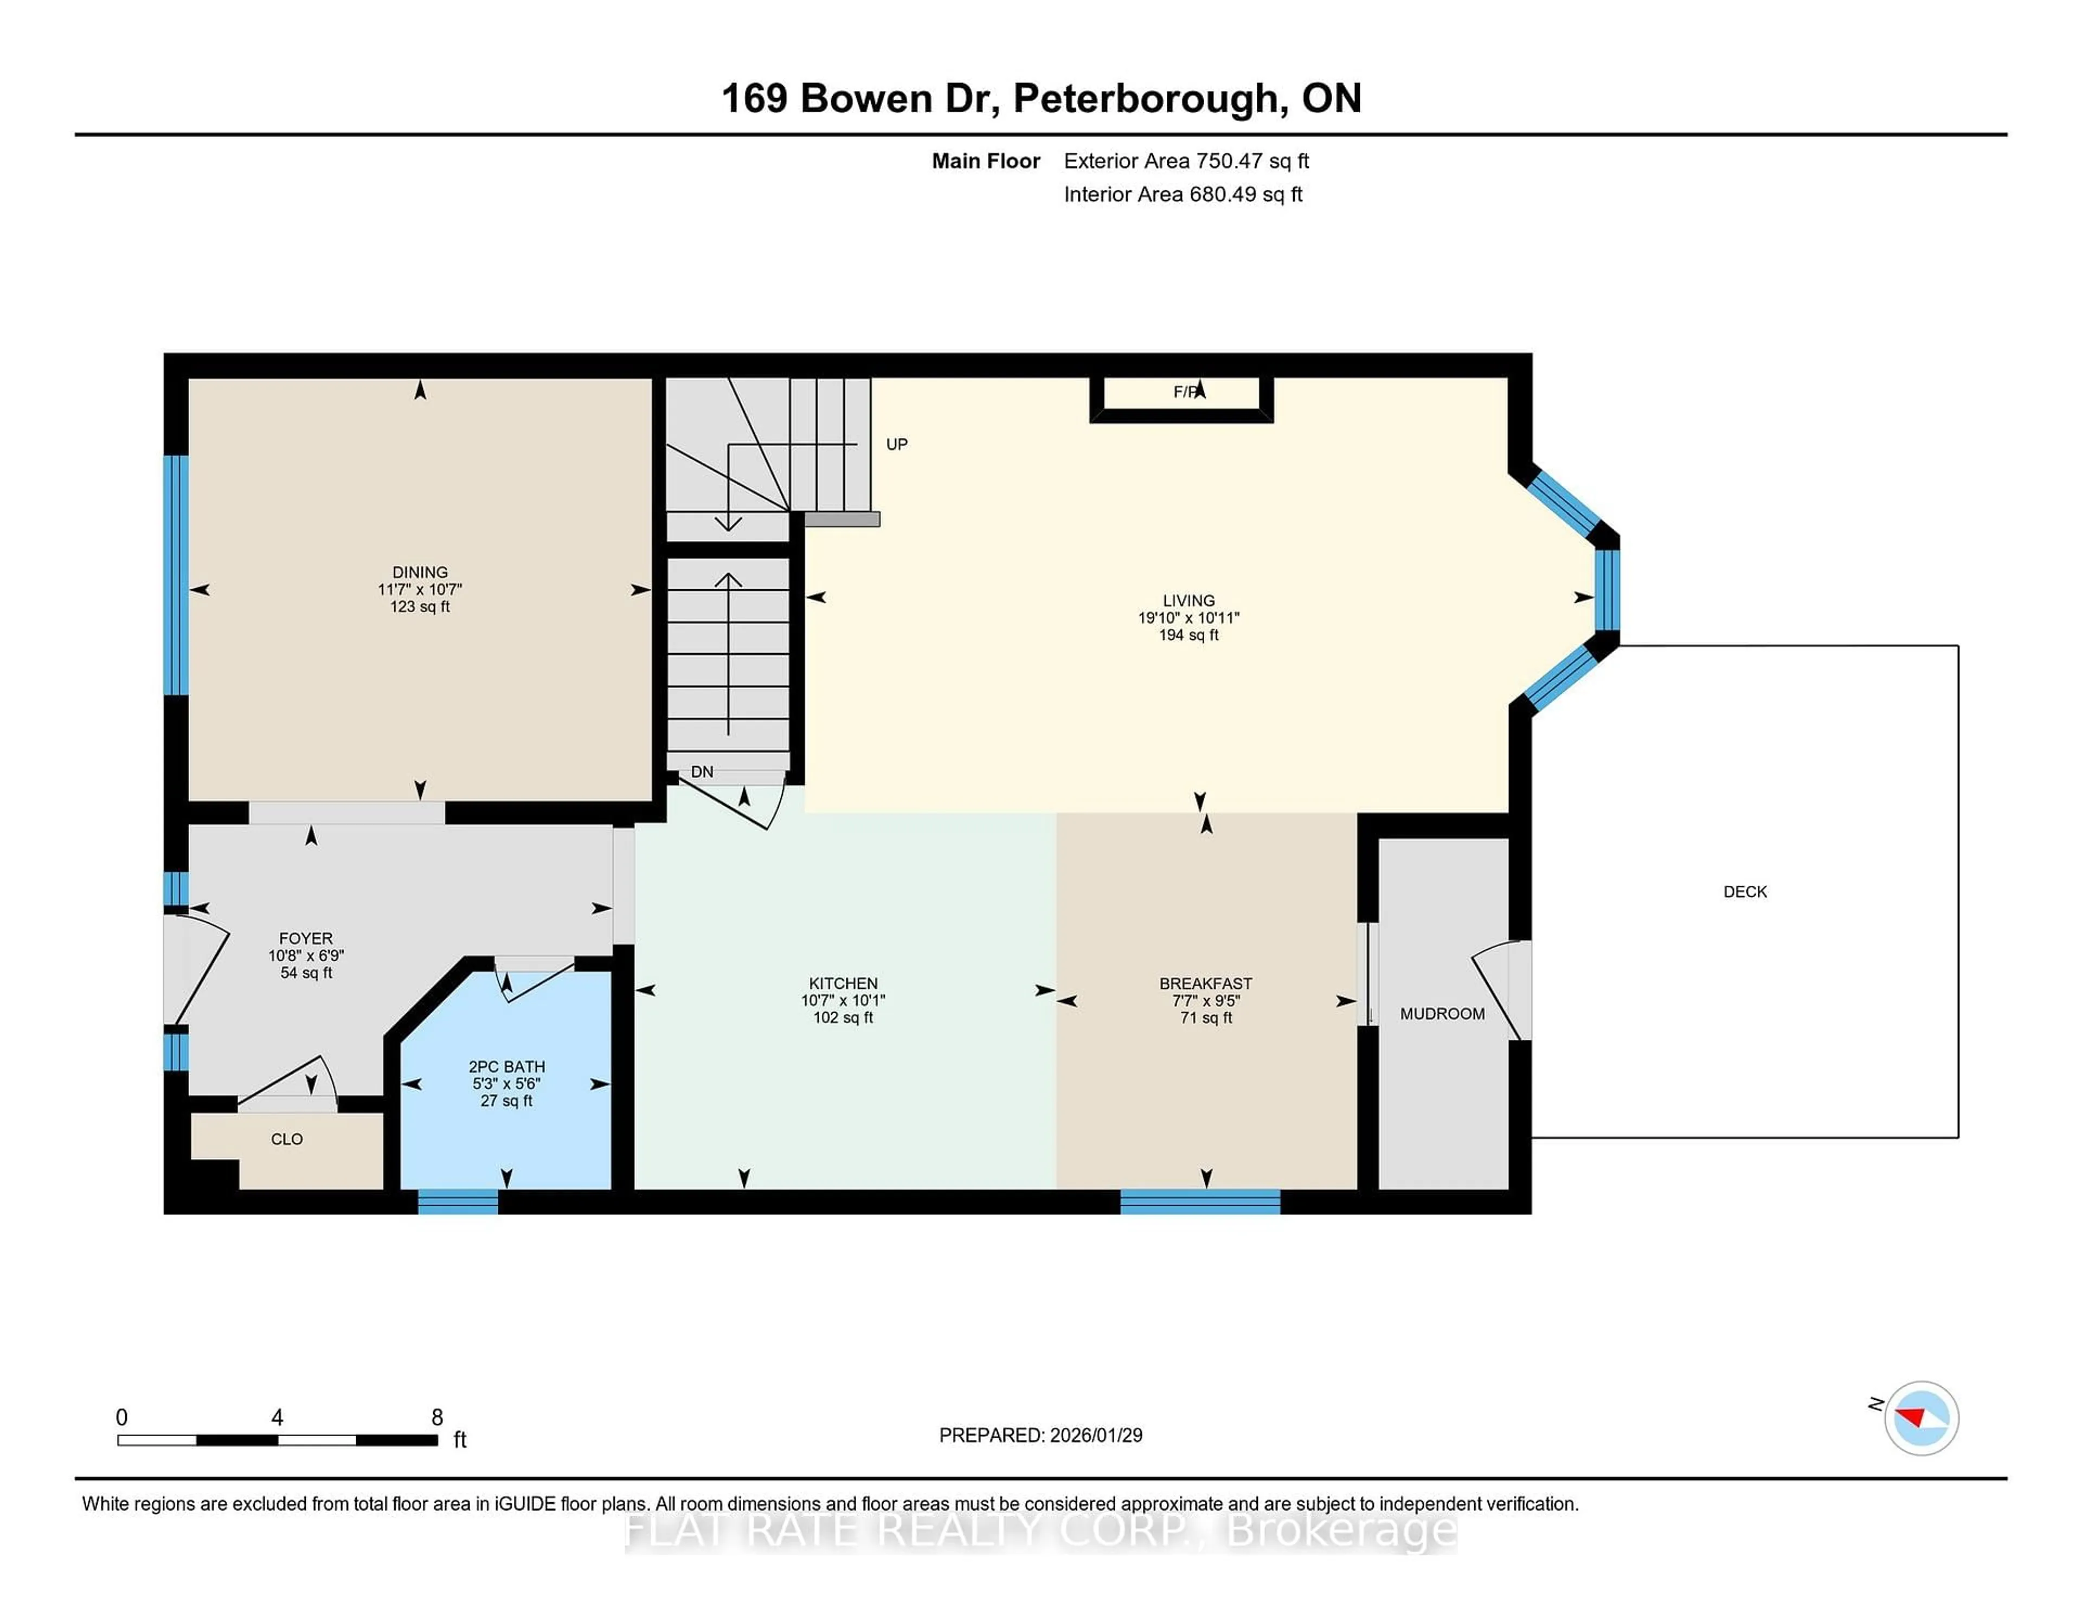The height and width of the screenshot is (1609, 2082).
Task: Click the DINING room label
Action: [420, 572]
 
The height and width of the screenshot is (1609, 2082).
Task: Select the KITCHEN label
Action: [843, 983]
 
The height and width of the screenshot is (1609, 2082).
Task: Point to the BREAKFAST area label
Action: [1205, 983]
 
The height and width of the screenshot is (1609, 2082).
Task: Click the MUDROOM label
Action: [1441, 1013]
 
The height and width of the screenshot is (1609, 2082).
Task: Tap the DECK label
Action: [1745, 891]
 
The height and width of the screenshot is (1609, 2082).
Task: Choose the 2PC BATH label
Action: [506, 1067]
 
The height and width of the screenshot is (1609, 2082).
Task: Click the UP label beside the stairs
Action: [896, 444]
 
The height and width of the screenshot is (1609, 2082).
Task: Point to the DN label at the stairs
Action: [702, 771]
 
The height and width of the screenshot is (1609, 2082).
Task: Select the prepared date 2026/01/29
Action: [1095, 1436]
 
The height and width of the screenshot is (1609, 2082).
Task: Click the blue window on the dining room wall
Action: [176, 575]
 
